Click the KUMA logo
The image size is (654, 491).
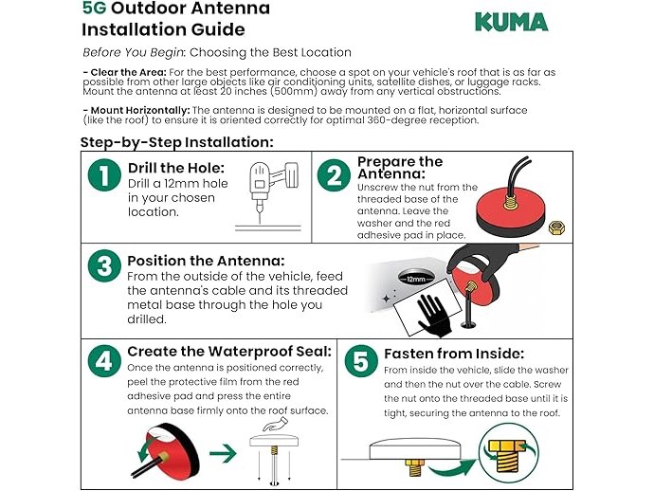[x=512, y=22]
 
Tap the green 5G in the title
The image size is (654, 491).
[x=94, y=8]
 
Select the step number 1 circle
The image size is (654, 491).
[x=104, y=174]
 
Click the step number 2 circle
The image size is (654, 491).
[x=334, y=174]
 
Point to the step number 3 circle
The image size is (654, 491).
[x=104, y=265]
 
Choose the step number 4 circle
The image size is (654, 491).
[x=104, y=360]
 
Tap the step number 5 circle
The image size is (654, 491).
[x=361, y=360]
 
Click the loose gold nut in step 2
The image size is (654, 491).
[x=556, y=227]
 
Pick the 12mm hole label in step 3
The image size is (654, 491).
[x=416, y=279]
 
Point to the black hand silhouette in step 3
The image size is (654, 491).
[x=434, y=316]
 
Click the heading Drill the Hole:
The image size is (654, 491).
[x=176, y=168]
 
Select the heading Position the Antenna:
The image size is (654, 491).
[x=206, y=261]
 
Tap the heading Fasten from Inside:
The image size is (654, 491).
[x=454, y=354]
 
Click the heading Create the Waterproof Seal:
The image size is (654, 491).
[x=229, y=352]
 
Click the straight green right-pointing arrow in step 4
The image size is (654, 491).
[x=223, y=453]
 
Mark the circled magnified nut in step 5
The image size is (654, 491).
[x=508, y=453]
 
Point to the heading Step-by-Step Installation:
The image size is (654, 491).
[x=177, y=142]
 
